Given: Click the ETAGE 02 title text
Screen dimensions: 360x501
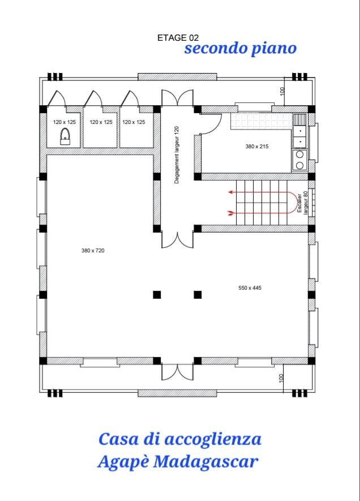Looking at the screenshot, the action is tap(178, 38).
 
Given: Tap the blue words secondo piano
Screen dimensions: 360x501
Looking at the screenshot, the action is tap(241, 49).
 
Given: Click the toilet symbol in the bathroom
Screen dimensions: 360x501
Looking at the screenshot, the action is tap(65, 137).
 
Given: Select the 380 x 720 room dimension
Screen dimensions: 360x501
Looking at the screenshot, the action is tap(93, 250).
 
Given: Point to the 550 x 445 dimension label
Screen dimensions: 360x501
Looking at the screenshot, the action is tap(250, 288).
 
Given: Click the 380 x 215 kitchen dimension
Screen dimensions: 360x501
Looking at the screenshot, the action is tap(257, 147).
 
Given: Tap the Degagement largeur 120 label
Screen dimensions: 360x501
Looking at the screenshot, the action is tap(177, 155).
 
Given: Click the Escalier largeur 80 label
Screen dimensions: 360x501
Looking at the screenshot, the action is tap(302, 203).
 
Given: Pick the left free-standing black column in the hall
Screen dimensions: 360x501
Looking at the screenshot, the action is tap(157, 294).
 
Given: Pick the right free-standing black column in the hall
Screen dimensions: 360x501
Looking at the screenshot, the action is tap(198, 294).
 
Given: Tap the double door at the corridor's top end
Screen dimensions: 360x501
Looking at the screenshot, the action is tap(177, 98).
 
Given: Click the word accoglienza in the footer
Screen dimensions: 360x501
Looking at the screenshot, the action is tap(213, 440).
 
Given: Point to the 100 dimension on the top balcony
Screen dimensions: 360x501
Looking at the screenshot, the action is tap(282, 91).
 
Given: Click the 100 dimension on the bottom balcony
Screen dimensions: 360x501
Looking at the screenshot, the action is tap(281, 378).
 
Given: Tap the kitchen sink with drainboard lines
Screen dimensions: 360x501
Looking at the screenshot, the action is tap(299, 131).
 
